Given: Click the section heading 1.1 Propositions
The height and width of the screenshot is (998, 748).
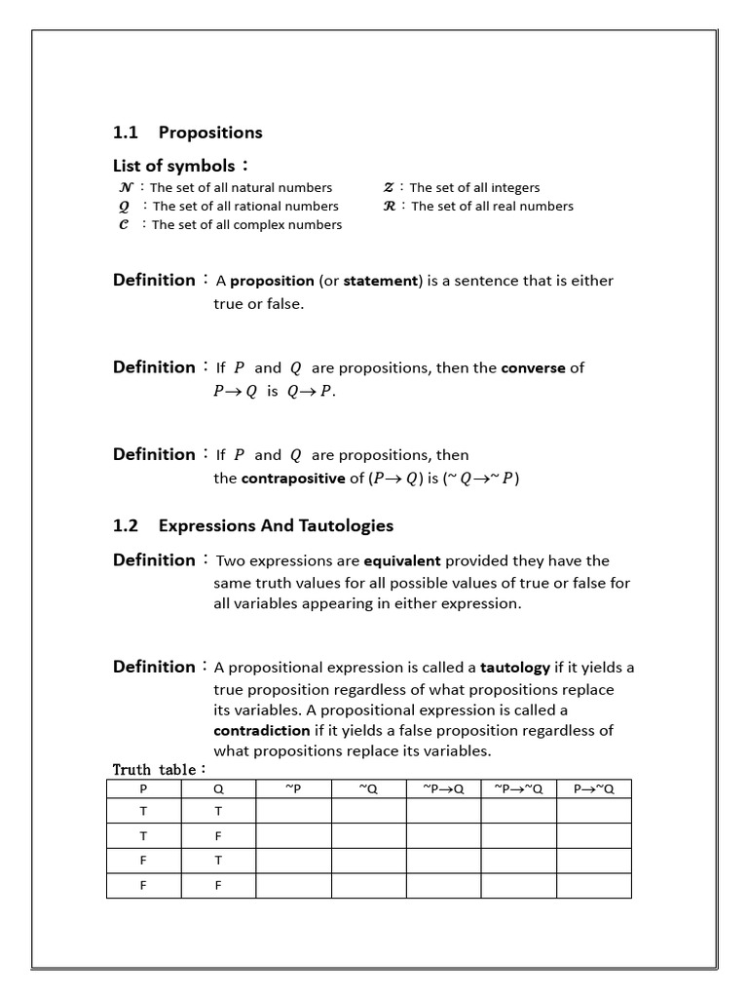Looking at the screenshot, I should (188, 133).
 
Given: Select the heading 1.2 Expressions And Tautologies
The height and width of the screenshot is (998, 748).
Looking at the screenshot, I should (253, 525).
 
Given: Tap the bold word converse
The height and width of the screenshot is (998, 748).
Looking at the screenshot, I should (533, 368).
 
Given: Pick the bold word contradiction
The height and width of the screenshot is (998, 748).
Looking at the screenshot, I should (261, 730).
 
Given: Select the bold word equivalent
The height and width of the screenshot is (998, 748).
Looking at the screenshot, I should (402, 561).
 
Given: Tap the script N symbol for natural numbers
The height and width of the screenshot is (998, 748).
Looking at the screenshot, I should (124, 187).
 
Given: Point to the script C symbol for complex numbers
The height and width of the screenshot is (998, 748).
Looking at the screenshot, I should (123, 225).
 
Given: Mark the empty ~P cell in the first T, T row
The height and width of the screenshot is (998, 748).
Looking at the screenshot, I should (293, 811).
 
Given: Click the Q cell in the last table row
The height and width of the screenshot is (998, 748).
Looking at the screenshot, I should (218, 886).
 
